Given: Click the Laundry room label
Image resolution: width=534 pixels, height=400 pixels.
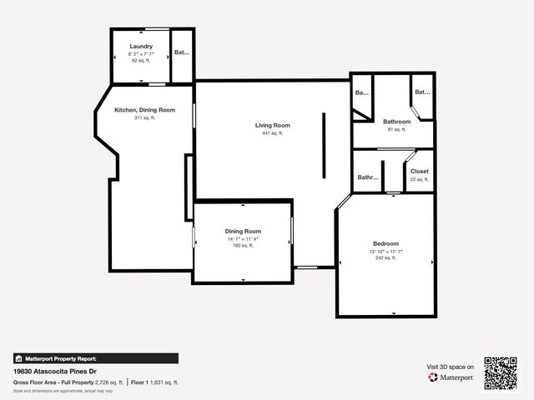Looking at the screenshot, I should click(x=141, y=46).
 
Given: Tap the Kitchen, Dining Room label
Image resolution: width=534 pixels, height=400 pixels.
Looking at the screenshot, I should click(x=144, y=110).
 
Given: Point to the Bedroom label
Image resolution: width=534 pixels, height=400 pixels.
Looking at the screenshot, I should click(x=385, y=243).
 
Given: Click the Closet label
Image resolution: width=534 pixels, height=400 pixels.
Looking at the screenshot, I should click(x=419, y=171).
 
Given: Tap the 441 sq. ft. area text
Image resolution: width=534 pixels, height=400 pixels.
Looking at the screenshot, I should click(x=273, y=133).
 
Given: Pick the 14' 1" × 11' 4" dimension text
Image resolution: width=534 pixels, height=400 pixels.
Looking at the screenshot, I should click(x=243, y=239).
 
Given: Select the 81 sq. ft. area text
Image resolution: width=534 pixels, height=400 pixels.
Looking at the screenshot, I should click(x=396, y=129).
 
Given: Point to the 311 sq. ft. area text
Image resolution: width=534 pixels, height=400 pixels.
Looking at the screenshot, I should click(x=144, y=117).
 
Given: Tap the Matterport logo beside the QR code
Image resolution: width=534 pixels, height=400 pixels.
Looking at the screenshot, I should click(x=451, y=377).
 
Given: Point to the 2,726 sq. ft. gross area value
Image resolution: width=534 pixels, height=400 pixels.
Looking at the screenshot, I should click(x=108, y=382).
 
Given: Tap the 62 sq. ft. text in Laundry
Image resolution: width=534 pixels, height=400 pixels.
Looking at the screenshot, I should click(x=141, y=60).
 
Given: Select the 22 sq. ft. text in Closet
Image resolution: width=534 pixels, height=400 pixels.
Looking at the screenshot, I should click(x=419, y=179).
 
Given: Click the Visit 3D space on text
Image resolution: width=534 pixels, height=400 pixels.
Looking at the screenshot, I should click(x=450, y=367).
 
